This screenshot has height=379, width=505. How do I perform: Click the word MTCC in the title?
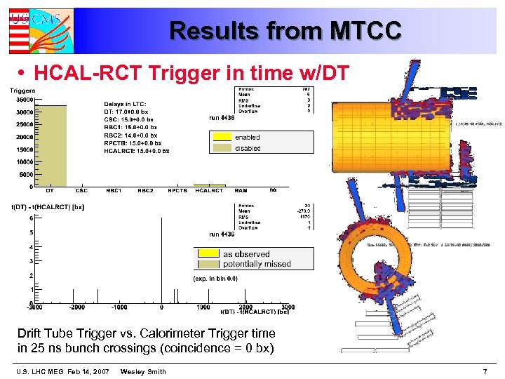(365, 31)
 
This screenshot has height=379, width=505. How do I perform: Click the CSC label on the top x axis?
(81, 190)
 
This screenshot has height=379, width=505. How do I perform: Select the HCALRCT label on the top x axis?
(208, 190)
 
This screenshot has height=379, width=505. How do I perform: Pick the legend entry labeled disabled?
(247, 148)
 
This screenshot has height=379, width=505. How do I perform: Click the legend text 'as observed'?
(246, 254)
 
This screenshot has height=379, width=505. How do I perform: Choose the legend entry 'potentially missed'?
(257, 264)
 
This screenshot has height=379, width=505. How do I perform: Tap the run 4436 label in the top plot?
(222, 118)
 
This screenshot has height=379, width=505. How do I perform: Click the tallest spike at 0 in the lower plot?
(162, 260)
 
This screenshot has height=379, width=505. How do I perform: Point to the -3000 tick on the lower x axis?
(34, 307)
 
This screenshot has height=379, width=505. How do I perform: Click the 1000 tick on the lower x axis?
(203, 307)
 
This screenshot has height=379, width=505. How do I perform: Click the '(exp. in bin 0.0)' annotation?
(215, 279)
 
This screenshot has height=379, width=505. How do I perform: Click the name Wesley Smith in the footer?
(143, 371)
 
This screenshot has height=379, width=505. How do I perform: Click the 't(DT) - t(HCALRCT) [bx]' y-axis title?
(48, 207)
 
